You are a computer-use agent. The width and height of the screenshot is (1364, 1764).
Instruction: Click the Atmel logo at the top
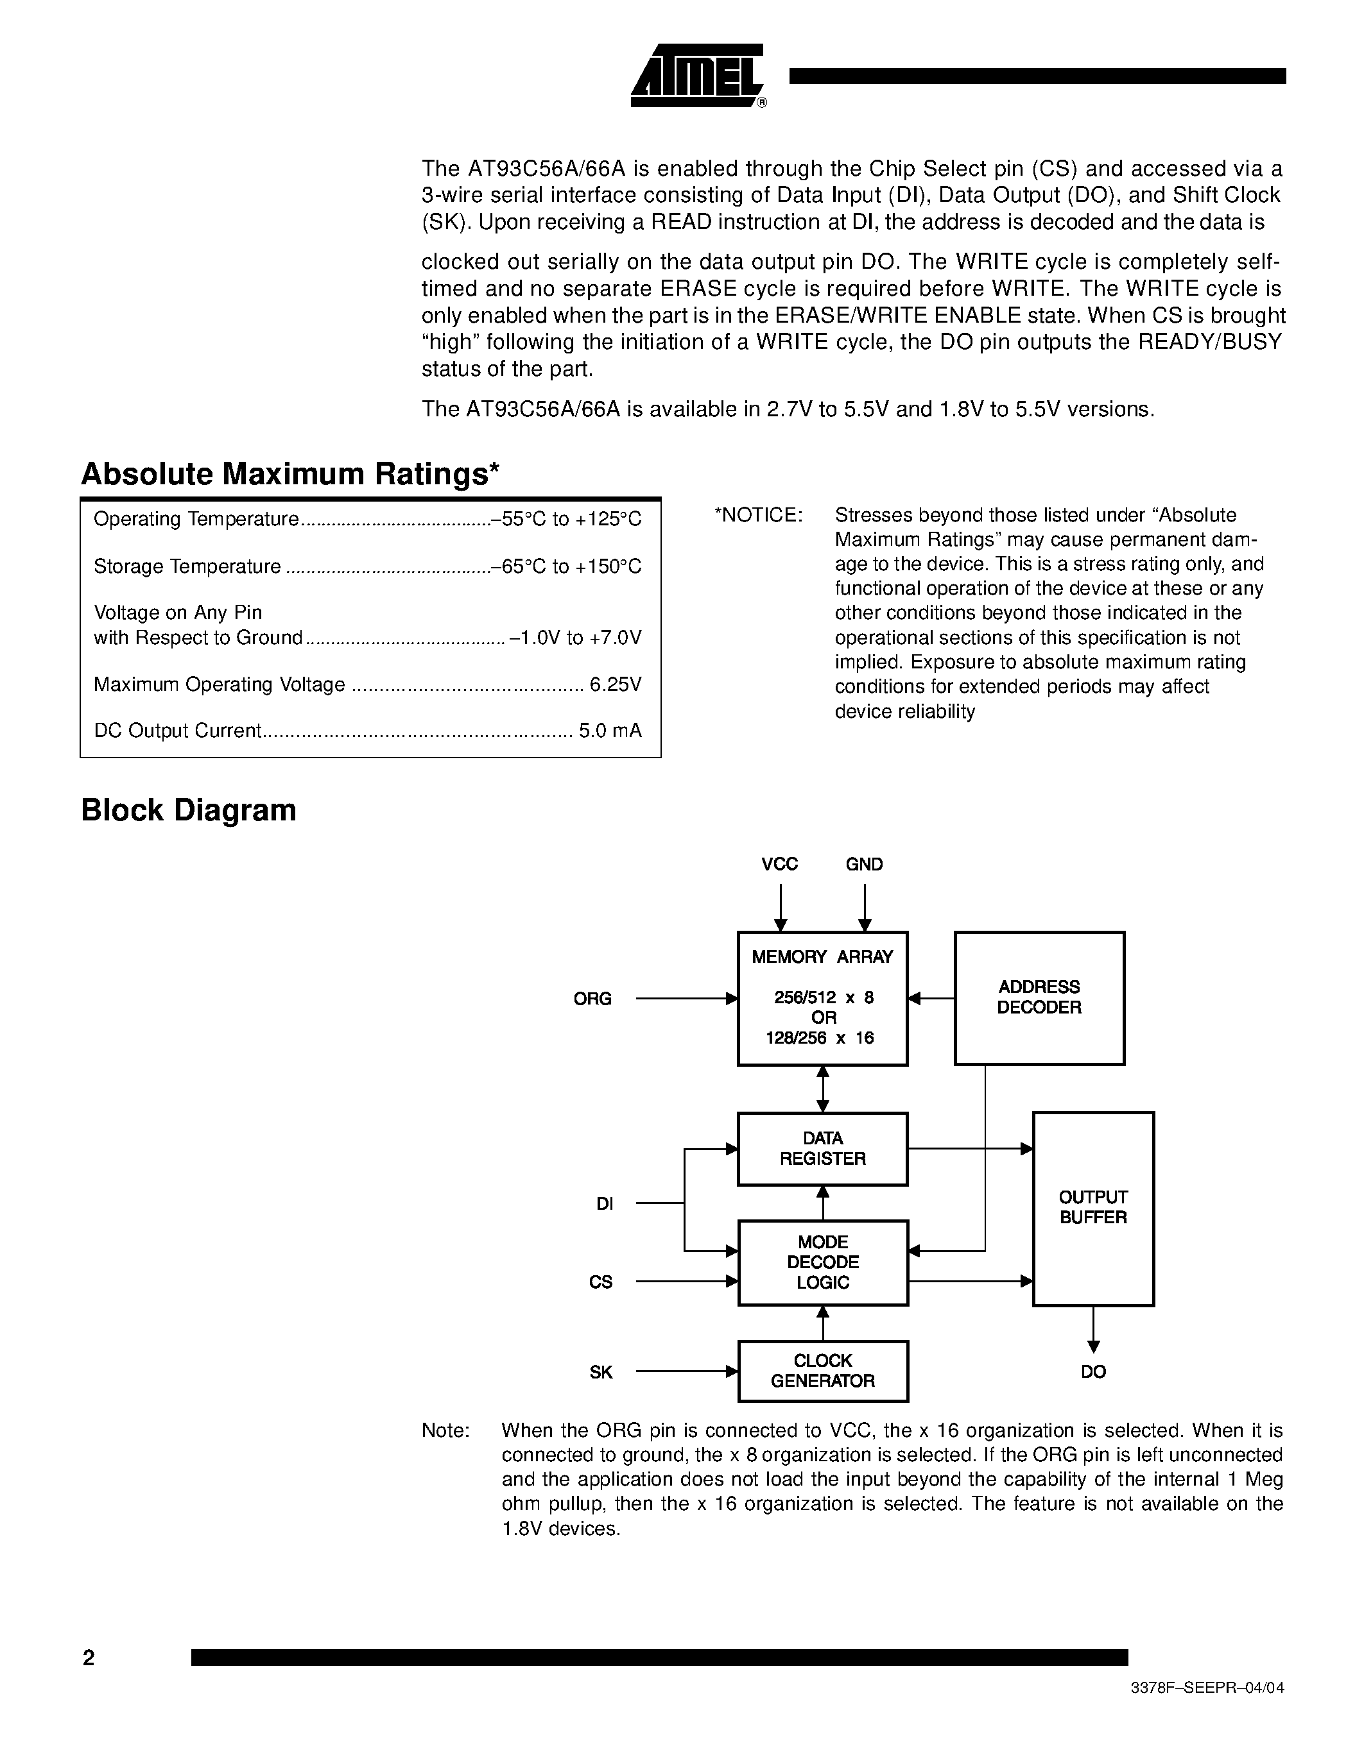[696, 76]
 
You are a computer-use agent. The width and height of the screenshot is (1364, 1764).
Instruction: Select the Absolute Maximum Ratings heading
[290, 474]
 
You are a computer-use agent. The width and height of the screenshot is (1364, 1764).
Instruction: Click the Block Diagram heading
[188, 810]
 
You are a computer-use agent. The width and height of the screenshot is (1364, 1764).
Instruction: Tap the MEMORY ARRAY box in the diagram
[823, 998]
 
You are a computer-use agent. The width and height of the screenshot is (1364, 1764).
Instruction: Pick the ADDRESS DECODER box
[1039, 998]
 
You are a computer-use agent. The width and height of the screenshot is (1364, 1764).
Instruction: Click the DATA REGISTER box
[823, 1149]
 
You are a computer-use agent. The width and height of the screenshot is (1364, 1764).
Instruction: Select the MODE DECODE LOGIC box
[823, 1262]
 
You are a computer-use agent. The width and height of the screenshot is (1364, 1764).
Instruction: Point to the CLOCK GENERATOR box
[823, 1371]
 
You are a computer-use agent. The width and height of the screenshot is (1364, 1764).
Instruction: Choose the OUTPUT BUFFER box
[1093, 1209]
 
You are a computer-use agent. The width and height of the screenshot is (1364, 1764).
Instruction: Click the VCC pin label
[780, 864]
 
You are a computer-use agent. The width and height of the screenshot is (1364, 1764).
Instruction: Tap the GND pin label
[865, 864]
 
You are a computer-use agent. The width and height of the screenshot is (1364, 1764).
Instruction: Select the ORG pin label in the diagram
[592, 999]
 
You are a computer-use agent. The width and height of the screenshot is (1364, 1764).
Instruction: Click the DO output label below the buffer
[1093, 1371]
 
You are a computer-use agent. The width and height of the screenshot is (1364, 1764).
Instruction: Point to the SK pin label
[601, 1372]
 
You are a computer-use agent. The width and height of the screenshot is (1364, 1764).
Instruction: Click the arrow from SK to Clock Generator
[687, 1371]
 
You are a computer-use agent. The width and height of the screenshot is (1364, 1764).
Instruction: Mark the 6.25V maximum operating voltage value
[616, 685]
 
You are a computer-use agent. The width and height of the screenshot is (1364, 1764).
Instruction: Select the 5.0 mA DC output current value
[610, 731]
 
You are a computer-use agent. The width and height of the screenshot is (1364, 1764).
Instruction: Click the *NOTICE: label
[758, 515]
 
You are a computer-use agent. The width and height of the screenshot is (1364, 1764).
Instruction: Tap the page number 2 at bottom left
[89, 1658]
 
